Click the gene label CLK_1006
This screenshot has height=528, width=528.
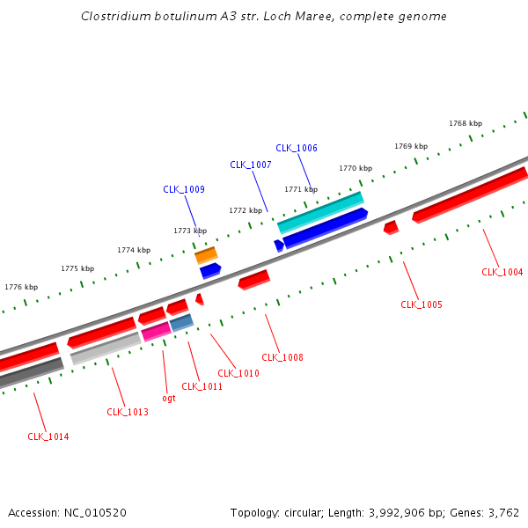click(x=297, y=148)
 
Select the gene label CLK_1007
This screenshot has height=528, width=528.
click(x=251, y=165)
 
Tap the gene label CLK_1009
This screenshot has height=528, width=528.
click(x=184, y=189)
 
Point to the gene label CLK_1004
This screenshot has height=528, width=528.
click(x=502, y=272)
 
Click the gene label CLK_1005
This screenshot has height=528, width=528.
click(x=422, y=304)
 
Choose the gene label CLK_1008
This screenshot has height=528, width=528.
click(x=282, y=357)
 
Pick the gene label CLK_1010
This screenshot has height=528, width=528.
click(x=238, y=373)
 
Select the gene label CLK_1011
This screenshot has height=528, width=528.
click(x=202, y=386)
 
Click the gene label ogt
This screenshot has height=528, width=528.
click(x=169, y=398)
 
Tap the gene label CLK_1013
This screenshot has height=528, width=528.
click(x=128, y=412)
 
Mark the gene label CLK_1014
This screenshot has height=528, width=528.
click(x=48, y=436)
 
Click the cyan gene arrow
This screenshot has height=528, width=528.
click(x=320, y=212)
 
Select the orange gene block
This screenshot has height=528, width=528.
click(x=206, y=254)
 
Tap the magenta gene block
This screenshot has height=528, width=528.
click(x=156, y=331)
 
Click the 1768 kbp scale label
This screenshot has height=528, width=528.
click(x=466, y=123)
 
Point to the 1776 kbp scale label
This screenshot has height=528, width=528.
click(x=21, y=287)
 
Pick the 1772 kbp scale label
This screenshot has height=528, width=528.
click(x=246, y=210)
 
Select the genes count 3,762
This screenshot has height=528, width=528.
click(x=502, y=512)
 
